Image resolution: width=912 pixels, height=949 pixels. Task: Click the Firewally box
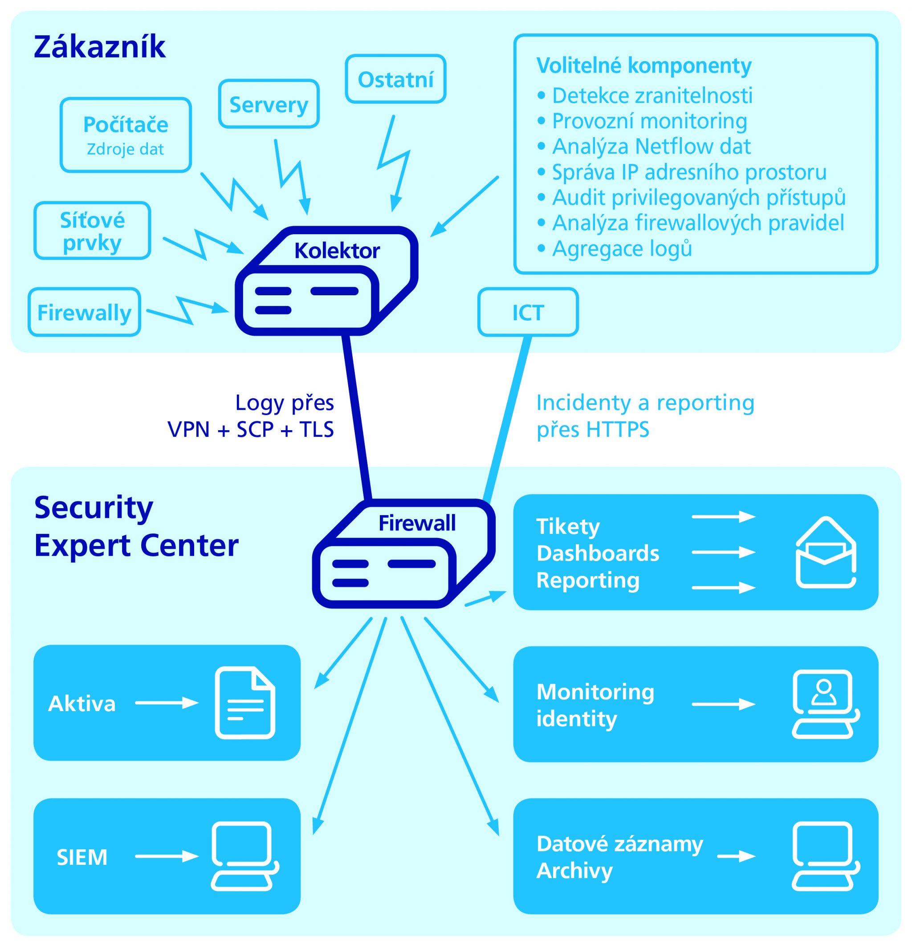pos(84,312)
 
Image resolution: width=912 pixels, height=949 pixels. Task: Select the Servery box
pos(269,104)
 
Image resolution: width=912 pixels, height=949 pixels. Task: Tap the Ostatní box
pos(395,79)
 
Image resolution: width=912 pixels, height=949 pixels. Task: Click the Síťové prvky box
pos(92,231)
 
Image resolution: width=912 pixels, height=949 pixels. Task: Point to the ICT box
pos(528,312)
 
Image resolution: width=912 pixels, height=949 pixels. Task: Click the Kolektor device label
pos(337,251)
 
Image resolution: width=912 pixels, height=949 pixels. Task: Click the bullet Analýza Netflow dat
pos(651,146)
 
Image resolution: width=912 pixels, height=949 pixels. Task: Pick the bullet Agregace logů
pos(622,248)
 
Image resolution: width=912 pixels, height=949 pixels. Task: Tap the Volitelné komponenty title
pos(644,65)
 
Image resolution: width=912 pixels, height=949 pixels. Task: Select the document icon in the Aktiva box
pos(245,703)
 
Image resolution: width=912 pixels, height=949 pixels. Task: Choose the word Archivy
pos(574,871)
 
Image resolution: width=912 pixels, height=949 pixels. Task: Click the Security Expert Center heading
pos(136,526)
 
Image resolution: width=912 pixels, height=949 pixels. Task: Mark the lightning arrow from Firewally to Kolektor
pos(187,310)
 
